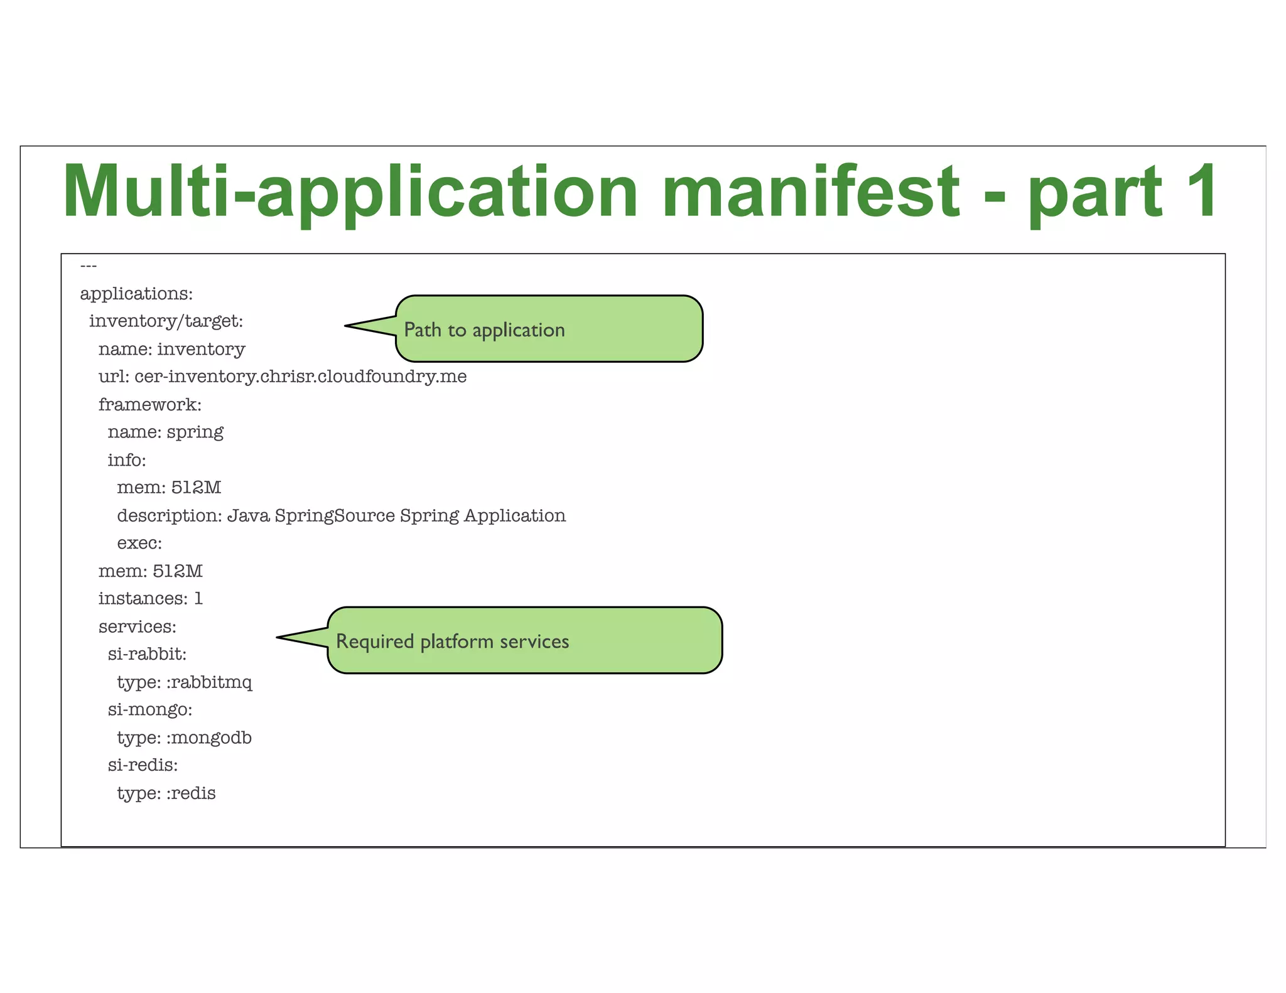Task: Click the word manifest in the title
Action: pos(810,191)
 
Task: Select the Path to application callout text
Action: pos(484,330)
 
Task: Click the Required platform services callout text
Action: pos(452,641)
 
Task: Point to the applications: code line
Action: pos(136,294)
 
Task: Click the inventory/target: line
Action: pos(166,321)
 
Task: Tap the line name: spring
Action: pos(165,432)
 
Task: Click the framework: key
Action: pos(149,405)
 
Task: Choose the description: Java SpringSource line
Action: pos(341,516)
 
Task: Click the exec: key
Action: pos(139,544)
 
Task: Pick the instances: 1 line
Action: pos(150,599)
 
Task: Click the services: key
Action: pos(137,627)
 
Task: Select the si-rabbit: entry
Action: pos(147,655)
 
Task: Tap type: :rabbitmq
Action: pos(184,682)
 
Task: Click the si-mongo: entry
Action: pos(149,710)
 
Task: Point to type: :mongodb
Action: pos(184,738)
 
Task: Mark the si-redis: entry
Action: pos(143,766)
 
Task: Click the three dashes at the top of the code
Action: pos(89,266)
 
